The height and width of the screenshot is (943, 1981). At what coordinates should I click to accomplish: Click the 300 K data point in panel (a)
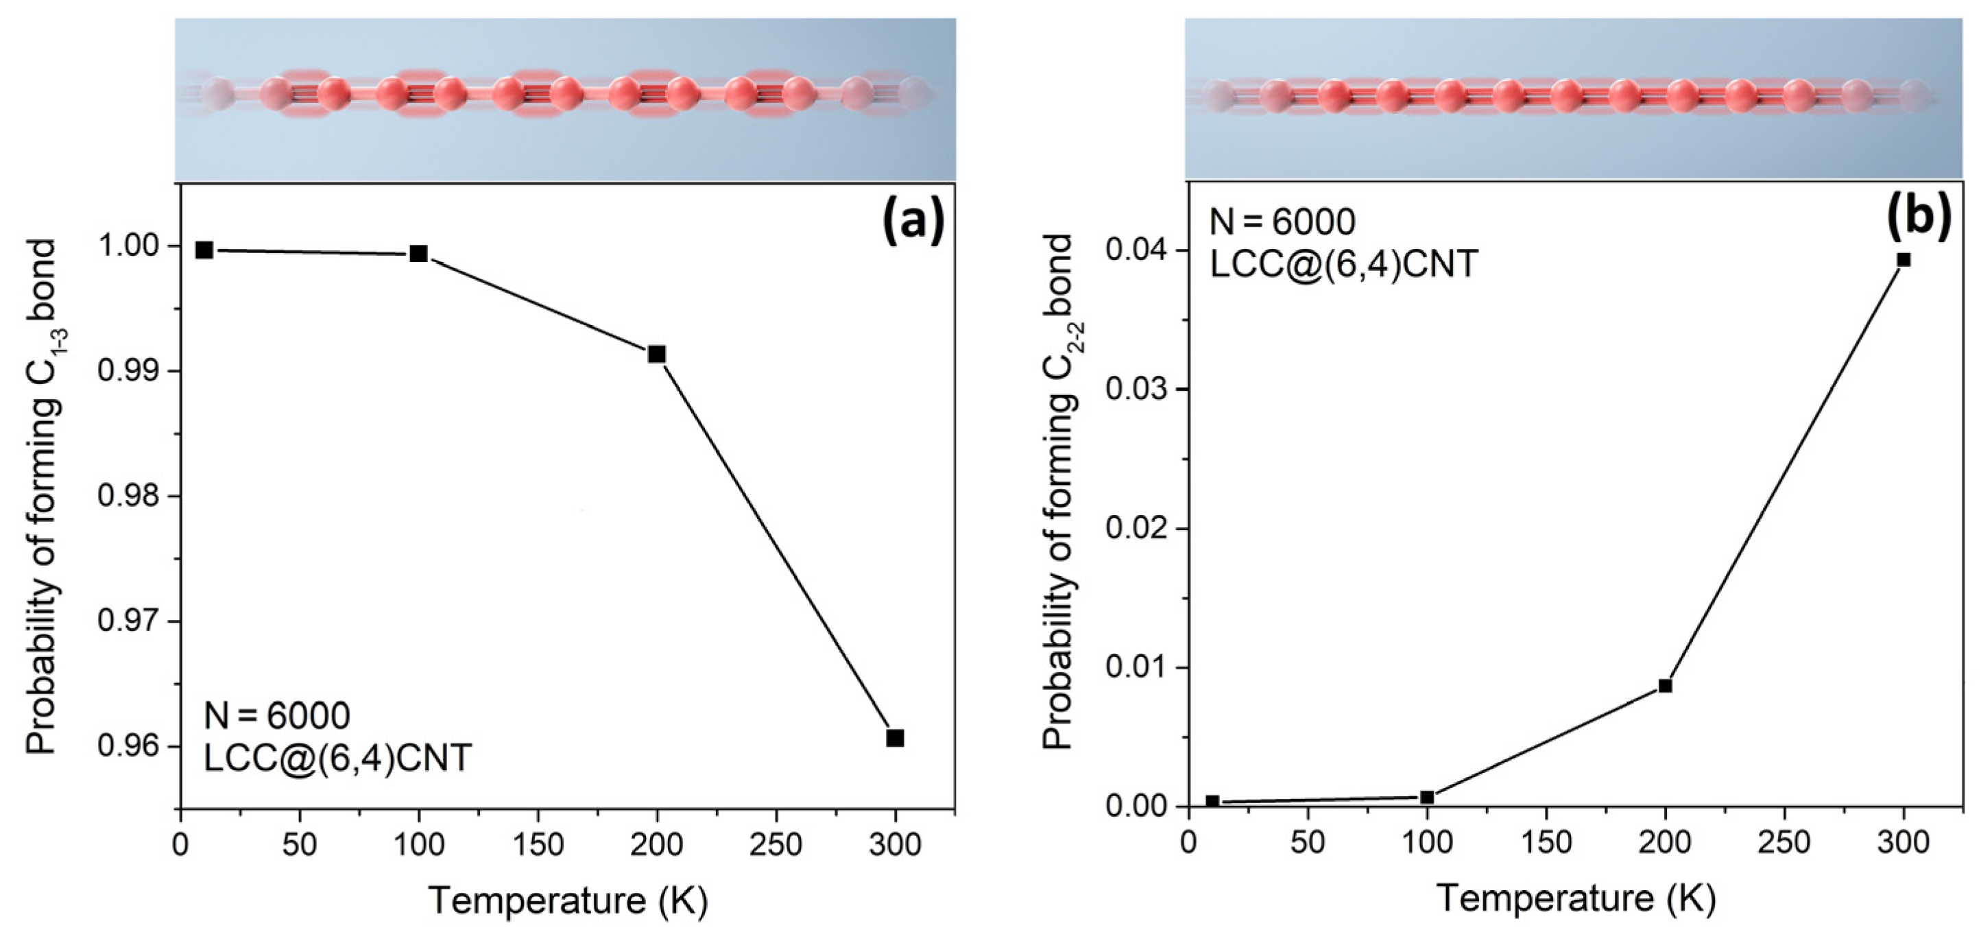click(894, 738)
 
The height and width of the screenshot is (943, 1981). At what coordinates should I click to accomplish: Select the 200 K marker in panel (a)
click(657, 354)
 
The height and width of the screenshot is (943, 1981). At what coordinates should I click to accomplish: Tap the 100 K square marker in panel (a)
click(418, 254)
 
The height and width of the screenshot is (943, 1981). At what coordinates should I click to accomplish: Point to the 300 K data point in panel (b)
click(1904, 260)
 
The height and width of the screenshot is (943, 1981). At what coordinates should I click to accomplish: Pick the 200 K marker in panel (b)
click(1665, 686)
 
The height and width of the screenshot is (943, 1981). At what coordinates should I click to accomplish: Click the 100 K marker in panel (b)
click(1426, 797)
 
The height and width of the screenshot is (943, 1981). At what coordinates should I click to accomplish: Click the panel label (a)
click(913, 221)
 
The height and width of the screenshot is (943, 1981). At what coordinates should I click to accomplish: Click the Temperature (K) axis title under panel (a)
click(568, 901)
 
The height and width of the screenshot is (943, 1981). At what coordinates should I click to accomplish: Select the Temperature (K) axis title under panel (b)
click(1576, 898)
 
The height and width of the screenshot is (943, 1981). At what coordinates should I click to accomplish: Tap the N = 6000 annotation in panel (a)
click(277, 716)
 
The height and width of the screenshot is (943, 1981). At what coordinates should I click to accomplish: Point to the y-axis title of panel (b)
click(1058, 492)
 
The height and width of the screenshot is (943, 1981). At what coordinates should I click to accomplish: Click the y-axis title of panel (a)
click(43, 496)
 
